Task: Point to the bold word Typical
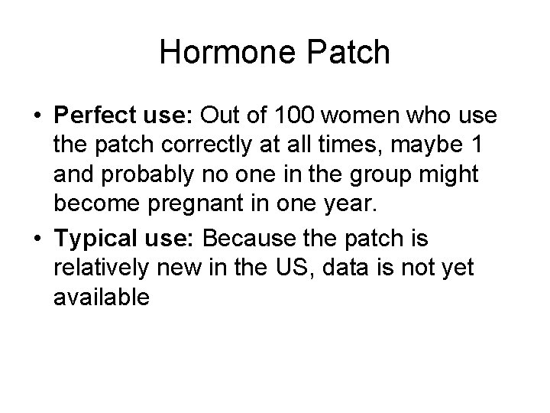(92, 239)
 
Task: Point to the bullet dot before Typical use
(37, 240)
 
